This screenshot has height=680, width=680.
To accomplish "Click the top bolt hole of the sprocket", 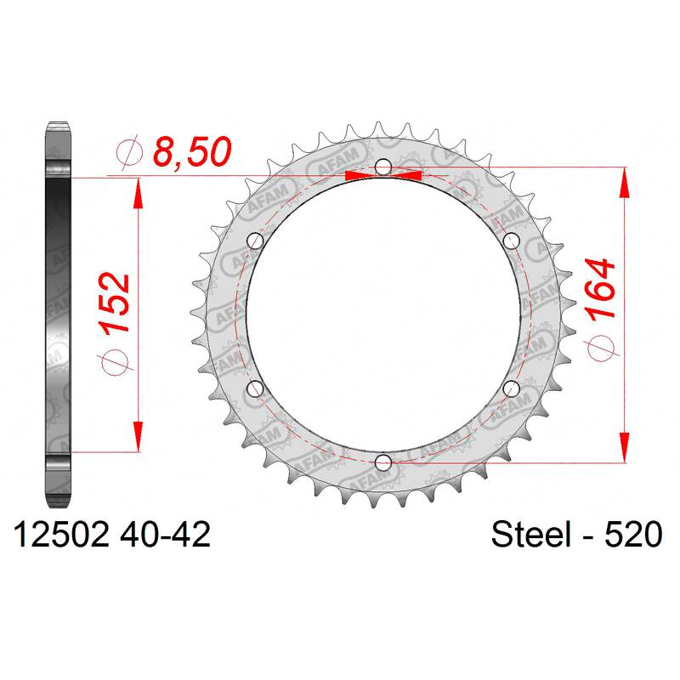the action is [383, 167].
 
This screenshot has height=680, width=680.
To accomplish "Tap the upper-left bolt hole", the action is [255, 241].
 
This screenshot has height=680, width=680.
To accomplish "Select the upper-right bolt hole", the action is [512, 240].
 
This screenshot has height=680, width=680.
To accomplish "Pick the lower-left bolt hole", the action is [255, 389].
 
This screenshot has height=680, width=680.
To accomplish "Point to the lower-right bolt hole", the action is [512, 388].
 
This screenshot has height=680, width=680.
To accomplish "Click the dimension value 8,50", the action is [193, 152].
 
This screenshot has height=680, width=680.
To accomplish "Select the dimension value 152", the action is [115, 303].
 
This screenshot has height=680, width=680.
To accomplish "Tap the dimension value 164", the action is [600, 290].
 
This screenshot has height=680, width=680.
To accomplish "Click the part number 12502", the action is [61, 535].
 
